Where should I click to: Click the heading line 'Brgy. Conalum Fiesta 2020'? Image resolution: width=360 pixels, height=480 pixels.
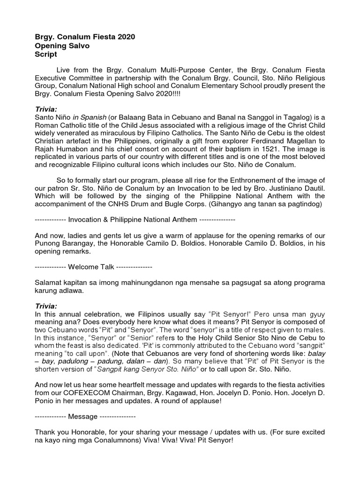coord(85,37)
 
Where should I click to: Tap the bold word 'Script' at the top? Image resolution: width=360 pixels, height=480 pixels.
coord(46,54)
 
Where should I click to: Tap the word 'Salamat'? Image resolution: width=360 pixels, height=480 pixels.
coord(49,283)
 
